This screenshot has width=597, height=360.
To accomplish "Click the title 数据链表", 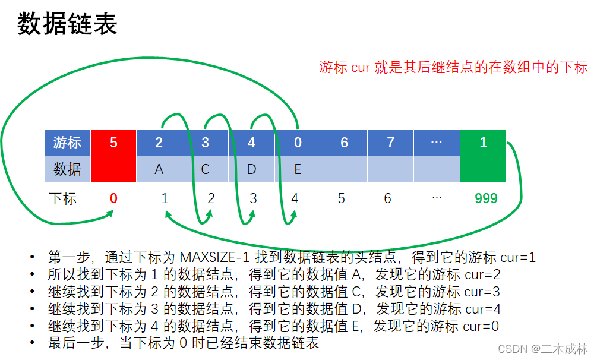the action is click(x=67, y=24).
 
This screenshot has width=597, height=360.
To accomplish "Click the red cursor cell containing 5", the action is click(x=113, y=143).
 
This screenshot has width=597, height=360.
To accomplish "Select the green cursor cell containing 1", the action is click(x=483, y=143).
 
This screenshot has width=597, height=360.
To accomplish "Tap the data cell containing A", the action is click(x=159, y=169).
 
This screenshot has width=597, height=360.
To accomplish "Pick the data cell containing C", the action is click(x=206, y=169).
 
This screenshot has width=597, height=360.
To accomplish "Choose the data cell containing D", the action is click(x=251, y=169).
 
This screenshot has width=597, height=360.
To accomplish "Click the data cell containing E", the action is click(x=298, y=169).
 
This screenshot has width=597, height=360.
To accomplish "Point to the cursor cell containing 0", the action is click(x=298, y=143).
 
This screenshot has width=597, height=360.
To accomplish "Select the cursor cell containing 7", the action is click(x=390, y=143).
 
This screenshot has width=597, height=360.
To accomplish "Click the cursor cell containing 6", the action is click(x=344, y=143).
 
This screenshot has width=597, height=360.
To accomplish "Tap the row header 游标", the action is click(x=67, y=143).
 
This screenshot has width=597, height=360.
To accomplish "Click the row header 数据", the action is click(x=67, y=169).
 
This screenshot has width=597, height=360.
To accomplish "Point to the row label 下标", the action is click(x=63, y=198).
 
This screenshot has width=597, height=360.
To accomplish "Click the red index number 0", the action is click(x=113, y=198).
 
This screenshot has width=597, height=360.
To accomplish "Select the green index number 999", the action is click(x=486, y=198).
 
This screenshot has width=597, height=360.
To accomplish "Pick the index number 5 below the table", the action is click(x=341, y=198).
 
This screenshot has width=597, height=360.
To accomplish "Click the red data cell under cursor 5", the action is click(x=113, y=169).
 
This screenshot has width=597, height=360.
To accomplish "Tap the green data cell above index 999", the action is click(x=483, y=169).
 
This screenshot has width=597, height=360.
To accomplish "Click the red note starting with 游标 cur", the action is click(x=453, y=67).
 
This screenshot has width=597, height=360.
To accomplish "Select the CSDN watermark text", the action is click(x=542, y=348).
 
